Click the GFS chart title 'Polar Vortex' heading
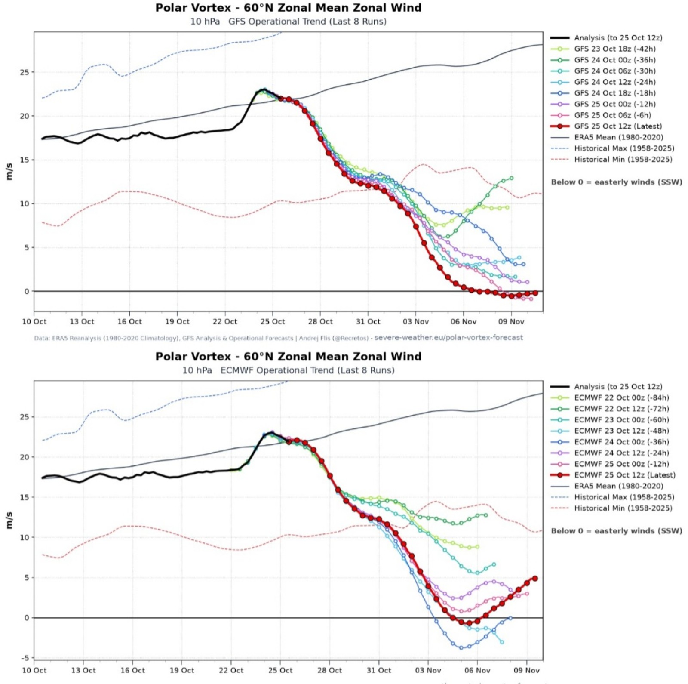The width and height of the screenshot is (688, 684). [x=193, y=8]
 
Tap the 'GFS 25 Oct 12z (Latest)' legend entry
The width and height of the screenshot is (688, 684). [x=606, y=126]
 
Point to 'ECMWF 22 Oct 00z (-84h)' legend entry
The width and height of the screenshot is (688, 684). [x=610, y=397]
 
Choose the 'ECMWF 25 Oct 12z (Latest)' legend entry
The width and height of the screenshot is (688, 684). [x=613, y=475]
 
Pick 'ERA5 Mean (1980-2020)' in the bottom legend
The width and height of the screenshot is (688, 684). [x=607, y=486]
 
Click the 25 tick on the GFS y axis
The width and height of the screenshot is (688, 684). [x=25, y=72]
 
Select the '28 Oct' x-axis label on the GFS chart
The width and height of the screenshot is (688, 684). [x=320, y=321]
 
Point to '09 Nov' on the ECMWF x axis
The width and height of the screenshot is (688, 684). [x=527, y=670]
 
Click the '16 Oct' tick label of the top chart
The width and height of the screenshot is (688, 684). [x=129, y=321]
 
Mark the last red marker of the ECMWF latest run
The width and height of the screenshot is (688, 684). [x=535, y=579]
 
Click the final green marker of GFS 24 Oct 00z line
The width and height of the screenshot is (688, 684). [x=511, y=178]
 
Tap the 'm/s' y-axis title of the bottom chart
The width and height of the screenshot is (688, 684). [x=9, y=520]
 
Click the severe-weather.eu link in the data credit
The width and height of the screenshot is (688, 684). [x=448, y=337]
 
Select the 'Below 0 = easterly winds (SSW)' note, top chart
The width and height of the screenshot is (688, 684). [x=617, y=182]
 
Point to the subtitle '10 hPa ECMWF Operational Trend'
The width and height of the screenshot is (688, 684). [x=288, y=370]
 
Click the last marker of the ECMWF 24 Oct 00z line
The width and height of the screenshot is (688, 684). [x=510, y=618]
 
